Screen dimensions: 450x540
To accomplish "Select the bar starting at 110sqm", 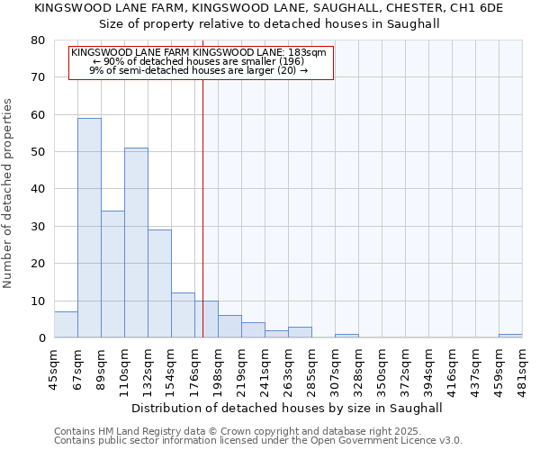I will pyautogui.click(x=136, y=243).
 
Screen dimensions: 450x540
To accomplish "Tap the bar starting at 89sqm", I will pyautogui.click(x=112, y=274).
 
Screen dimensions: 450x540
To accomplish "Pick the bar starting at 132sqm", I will pyautogui.click(x=159, y=283).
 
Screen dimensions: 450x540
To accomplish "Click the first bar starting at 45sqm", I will pyautogui.click(x=66, y=325).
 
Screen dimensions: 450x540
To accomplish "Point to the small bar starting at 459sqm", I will pyautogui.click(x=510, y=336).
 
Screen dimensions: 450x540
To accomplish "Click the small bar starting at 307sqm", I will pyautogui.click(x=346, y=336).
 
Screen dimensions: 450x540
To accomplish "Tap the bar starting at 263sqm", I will pyautogui.click(x=300, y=332).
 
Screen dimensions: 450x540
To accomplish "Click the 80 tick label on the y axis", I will pyautogui.click(x=37, y=40).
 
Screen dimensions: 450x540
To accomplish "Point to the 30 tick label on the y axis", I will pyautogui.click(x=37, y=227).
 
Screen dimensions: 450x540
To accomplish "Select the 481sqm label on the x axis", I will pyautogui.click(x=523, y=366).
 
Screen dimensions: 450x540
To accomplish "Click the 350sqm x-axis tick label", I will pyautogui.click(x=382, y=366).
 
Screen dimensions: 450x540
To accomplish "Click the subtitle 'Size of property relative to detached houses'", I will pyautogui.click(x=269, y=24).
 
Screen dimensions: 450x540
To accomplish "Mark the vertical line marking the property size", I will pyautogui.click(x=203, y=207).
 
